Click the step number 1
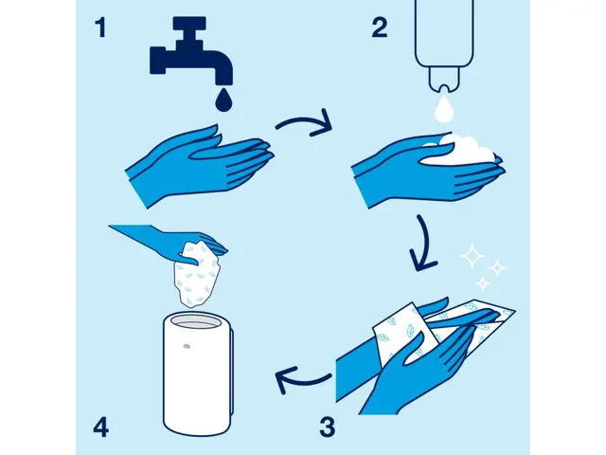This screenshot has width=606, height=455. (x=100, y=28)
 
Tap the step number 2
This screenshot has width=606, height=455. (x=379, y=28)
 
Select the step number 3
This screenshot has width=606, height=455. (x=328, y=428)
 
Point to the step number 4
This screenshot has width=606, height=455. (x=101, y=428)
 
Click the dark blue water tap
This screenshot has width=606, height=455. (x=191, y=50)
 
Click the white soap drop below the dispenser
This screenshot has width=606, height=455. (x=443, y=109)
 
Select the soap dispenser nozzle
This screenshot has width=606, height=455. (x=444, y=80)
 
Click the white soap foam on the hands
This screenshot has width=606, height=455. (x=460, y=150)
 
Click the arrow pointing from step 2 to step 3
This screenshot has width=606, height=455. (x=424, y=246)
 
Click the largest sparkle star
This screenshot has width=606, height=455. (x=472, y=255)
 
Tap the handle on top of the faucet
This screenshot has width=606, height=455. (x=189, y=23)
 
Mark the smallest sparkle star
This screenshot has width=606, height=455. (x=483, y=283)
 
